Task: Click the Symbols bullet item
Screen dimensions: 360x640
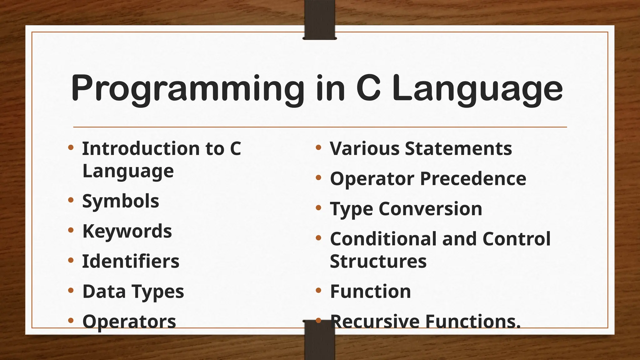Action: tap(121, 201)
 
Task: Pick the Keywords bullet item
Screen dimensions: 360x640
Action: tap(127, 231)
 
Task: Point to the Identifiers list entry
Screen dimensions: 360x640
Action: tap(131, 261)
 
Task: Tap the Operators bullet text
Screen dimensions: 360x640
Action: tap(129, 321)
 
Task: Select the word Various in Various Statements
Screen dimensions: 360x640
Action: tap(364, 148)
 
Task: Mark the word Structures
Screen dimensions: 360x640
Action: tap(378, 261)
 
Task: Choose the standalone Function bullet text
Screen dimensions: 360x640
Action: tap(370, 292)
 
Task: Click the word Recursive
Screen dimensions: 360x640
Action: tap(375, 321)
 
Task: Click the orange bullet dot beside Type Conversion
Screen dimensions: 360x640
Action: tap(318, 207)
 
